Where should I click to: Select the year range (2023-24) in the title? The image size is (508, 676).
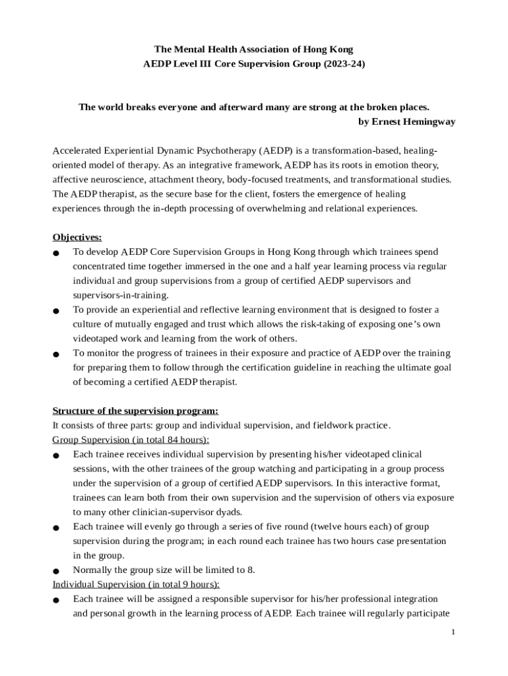[x=341, y=65]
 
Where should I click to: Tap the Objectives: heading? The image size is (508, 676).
[x=77, y=237]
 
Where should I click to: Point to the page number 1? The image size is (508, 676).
[x=453, y=632]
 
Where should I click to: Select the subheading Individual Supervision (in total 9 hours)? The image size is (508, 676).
[x=136, y=584]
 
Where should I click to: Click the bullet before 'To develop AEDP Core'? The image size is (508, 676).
[x=57, y=253]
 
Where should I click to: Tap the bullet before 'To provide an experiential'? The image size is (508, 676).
[x=57, y=311]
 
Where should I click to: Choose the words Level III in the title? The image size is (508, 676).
[x=192, y=65]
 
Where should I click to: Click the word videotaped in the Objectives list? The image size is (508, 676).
[x=96, y=339]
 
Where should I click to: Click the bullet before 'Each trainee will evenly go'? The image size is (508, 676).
[x=57, y=528]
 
